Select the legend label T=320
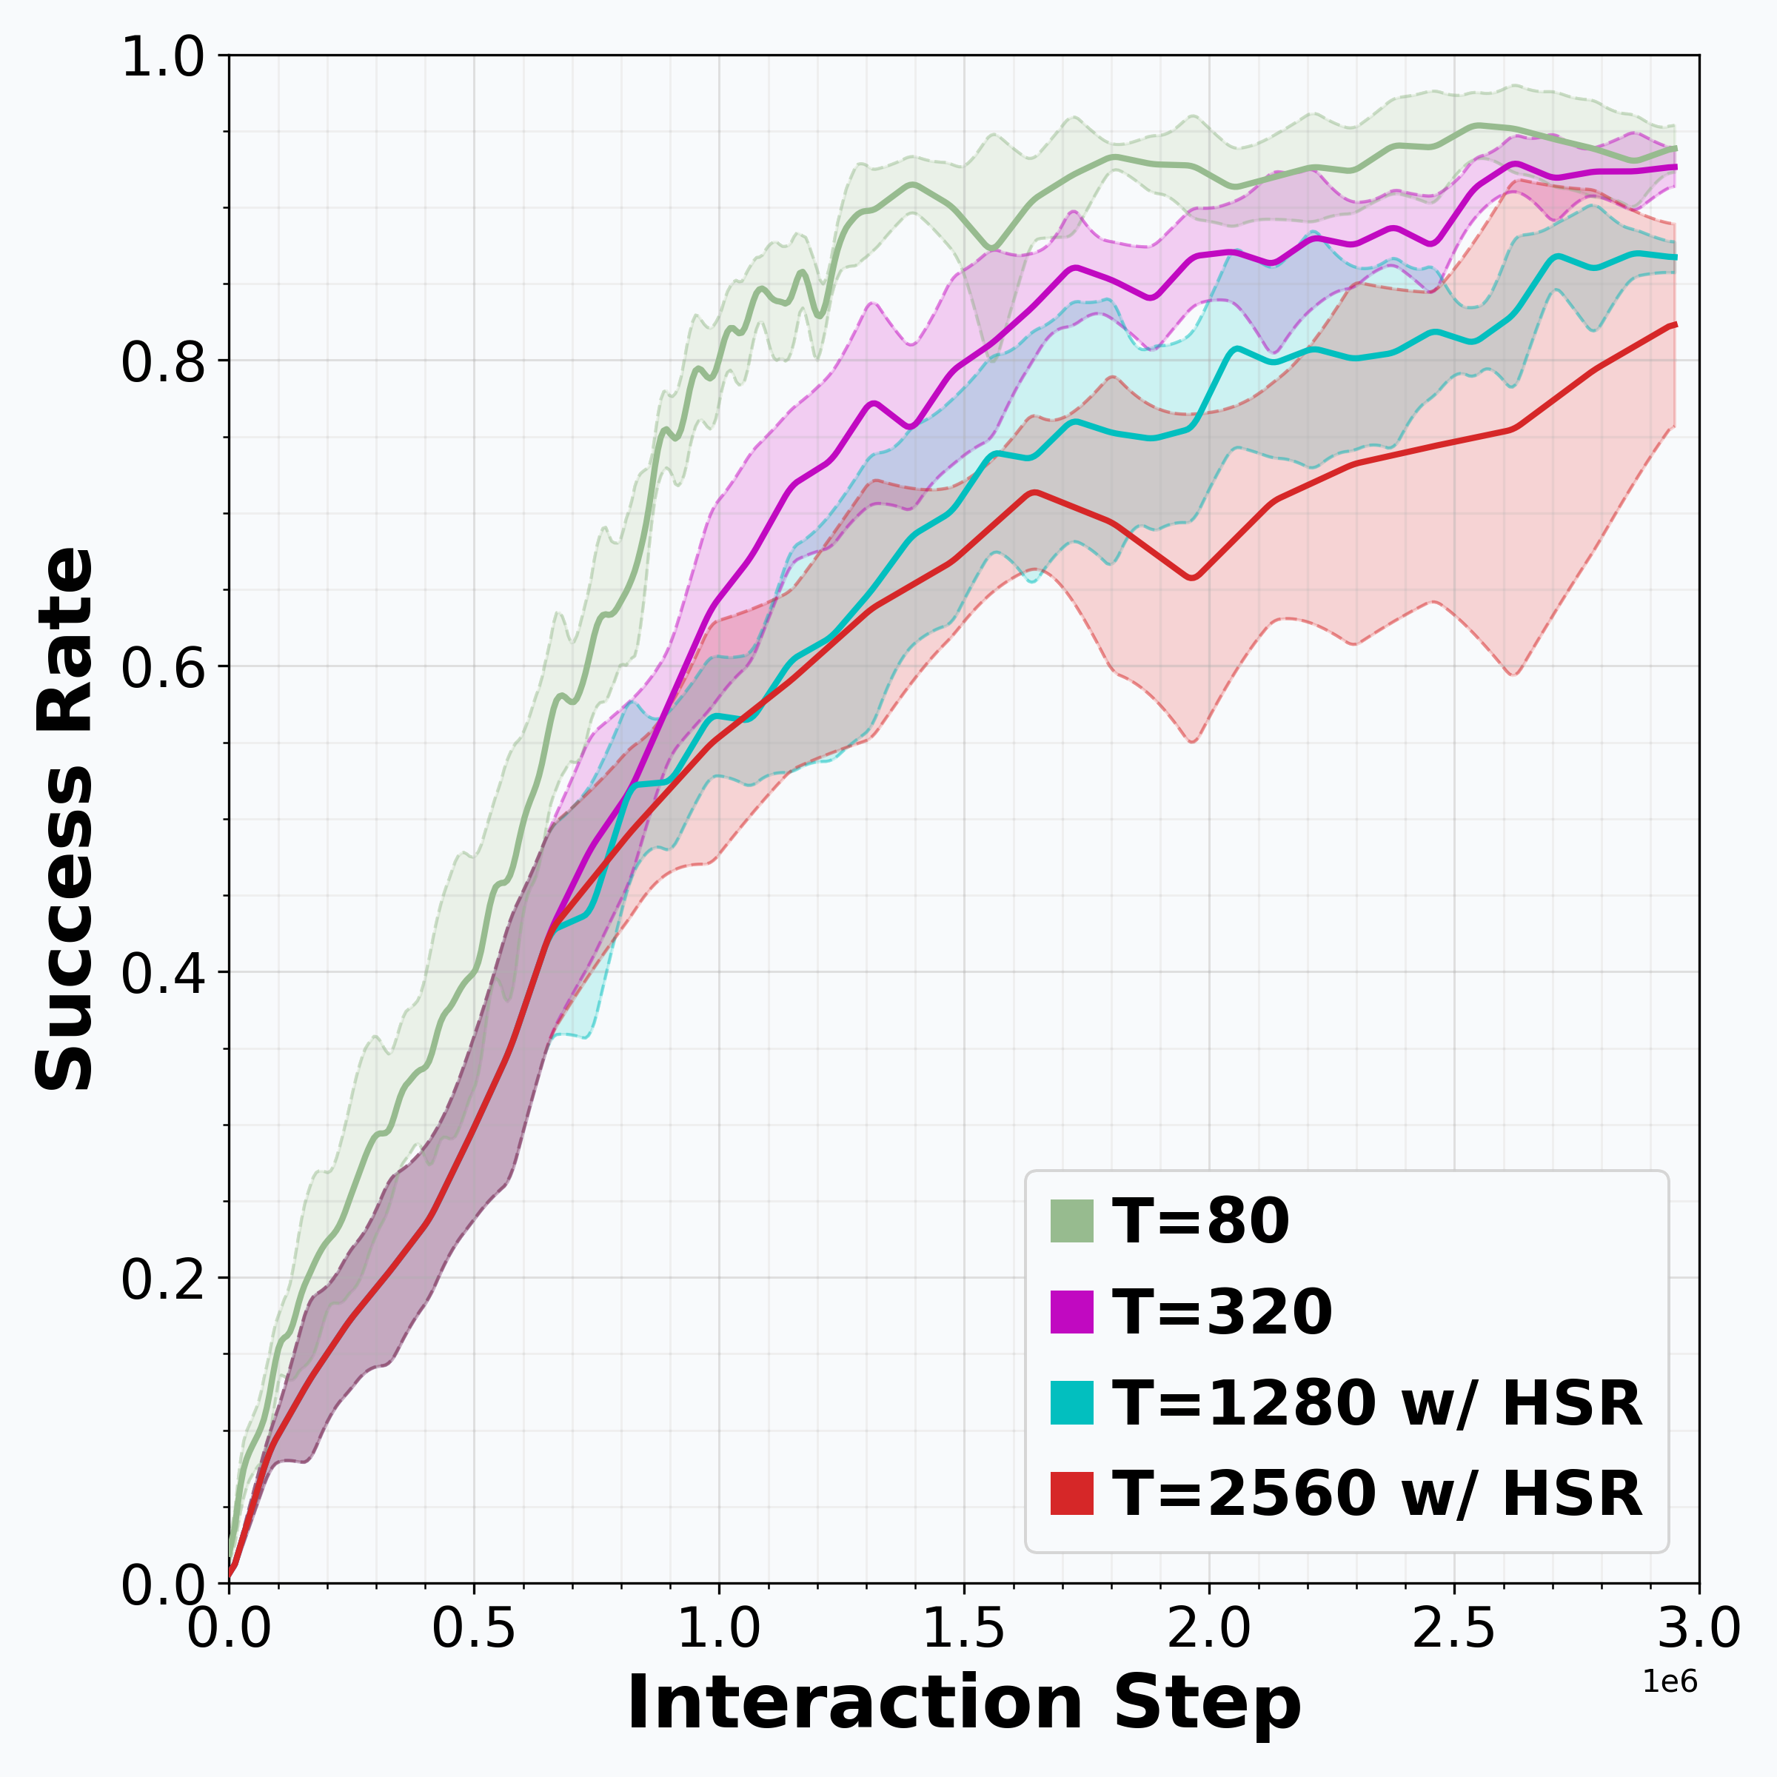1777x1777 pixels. click(x=1222, y=1311)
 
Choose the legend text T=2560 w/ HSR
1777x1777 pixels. click(x=1376, y=1493)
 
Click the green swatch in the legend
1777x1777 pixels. click(x=1071, y=1222)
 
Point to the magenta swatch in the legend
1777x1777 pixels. click(x=1071, y=1311)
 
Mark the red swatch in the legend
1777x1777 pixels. click(x=1071, y=1493)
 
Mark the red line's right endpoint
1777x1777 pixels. click(x=1676, y=325)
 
